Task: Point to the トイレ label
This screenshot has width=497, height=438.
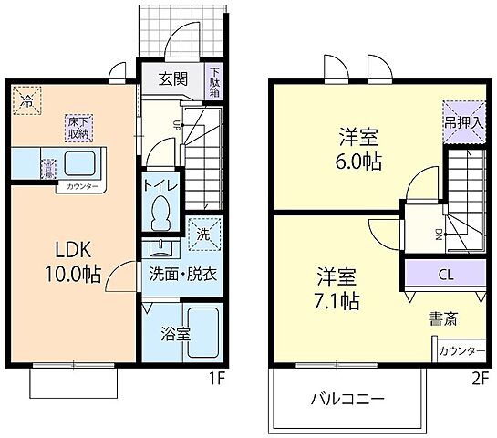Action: tap(161, 186)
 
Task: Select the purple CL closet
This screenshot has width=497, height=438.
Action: tap(446, 273)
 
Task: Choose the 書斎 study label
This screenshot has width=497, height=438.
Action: tap(443, 318)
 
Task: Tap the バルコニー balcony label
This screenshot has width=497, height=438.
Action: tap(347, 399)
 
